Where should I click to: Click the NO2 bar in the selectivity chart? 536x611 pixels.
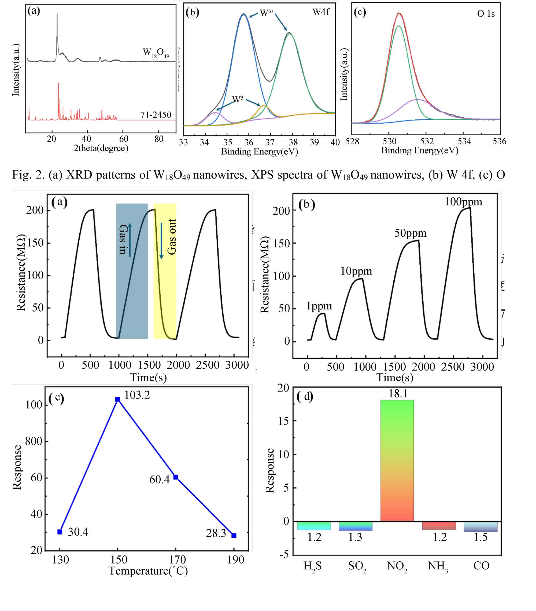(397, 461)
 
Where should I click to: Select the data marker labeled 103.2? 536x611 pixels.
(118, 399)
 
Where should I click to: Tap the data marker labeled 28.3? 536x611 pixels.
(234, 535)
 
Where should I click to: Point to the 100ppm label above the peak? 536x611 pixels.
(463, 202)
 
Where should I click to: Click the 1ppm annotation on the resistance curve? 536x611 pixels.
(319, 306)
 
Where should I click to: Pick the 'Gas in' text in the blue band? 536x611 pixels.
(123, 239)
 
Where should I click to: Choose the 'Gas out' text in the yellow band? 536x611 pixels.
(172, 237)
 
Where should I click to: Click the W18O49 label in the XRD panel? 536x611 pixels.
(156, 53)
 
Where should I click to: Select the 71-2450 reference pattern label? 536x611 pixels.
(156, 115)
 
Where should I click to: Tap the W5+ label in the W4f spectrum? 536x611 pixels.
(239, 100)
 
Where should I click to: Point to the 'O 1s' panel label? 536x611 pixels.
(486, 14)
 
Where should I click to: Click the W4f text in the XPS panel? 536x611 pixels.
(321, 12)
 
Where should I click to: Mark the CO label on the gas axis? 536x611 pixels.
(481, 566)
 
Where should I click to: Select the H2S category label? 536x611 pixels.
(313, 566)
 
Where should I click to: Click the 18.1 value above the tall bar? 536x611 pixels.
(398, 394)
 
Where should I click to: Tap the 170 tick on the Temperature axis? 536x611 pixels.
(177, 559)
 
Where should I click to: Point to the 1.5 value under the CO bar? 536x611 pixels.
(480, 537)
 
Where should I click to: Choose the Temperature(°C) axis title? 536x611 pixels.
(148, 571)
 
